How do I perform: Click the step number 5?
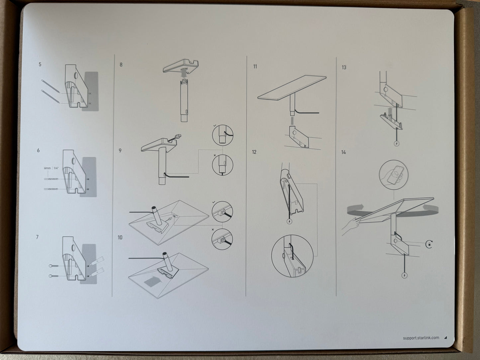click(40, 64)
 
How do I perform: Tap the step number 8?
click(121, 65)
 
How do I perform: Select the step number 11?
click(255, 67)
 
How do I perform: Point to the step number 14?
click(343, 152)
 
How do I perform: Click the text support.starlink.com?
click(421, 338)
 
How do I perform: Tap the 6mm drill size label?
click(48, 168)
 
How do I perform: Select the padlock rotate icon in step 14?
click(429, 244)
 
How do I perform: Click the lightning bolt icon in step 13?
click(396, 143)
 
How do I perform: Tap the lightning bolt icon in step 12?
click(289, 222)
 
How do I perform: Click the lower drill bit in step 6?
click(51, 189)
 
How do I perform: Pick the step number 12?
click(254, 152)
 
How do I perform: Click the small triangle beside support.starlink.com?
click(445, 338)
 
